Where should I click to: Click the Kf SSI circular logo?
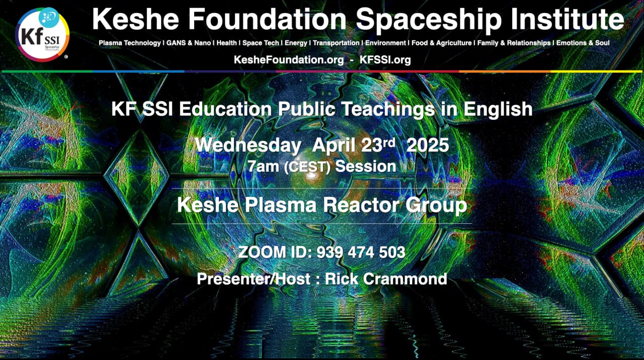coord(42,35)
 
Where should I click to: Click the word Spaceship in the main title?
coord(428,20)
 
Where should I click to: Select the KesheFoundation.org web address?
coord(289,60)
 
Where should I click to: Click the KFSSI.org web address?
coord(385,60)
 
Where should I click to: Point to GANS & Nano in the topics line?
coord(189,43)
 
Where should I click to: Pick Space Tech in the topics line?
coord(261,43)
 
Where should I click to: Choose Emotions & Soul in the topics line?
coord(583,43)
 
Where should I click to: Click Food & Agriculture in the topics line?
coord(442,43)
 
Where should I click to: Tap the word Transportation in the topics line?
coord(336,43)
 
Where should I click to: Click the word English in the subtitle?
coord(498,109)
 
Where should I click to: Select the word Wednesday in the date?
coord(248,145)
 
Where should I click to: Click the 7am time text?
coord(263,166)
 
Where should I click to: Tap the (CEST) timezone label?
coord(307,167)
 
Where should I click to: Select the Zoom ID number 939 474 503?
coord(361,252)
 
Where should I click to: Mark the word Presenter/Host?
coord(254,279)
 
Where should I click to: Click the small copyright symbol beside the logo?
coord(66,57)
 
